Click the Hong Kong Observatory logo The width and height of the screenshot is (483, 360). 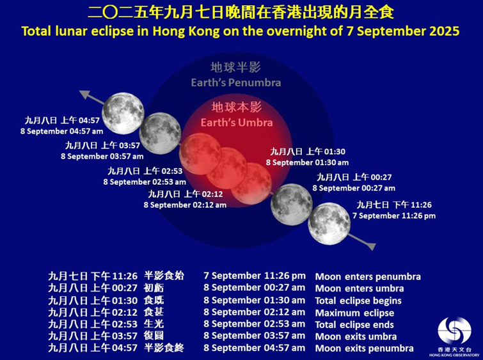tap(454, 331)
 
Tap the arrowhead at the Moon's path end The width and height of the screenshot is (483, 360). tap(84, 95)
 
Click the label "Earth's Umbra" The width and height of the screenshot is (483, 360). tap(237, 122)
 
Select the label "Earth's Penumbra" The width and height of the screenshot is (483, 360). tap(235, 82)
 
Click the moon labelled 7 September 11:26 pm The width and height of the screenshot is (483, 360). tap(329, 223)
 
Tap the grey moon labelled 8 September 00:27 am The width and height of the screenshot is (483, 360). tap(291, 204)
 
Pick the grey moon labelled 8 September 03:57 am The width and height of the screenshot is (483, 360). tap(161, 133)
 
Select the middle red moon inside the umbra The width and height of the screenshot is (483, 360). tap(226, 168)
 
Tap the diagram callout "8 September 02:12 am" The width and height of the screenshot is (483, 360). tap(184, 205)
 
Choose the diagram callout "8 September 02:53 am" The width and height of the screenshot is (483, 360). tap(145, 182)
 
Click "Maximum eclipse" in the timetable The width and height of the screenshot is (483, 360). tap(354, 313)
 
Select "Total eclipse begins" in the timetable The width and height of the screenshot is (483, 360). tap(358, 301)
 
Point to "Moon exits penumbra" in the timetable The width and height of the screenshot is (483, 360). tap(363, 348)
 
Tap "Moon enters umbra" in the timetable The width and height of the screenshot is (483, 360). tap(358, 288)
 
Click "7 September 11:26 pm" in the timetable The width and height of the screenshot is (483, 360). tap(254, 276)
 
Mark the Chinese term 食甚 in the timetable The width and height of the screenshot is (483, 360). tap(155, 312)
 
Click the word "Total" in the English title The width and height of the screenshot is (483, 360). tap(36, 31)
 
